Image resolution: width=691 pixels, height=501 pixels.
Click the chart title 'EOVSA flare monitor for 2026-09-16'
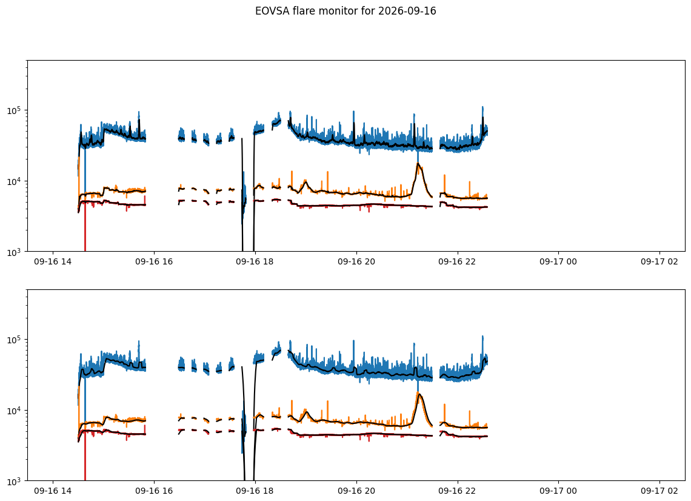[345, 11]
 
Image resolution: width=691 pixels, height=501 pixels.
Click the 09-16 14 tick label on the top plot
[53, 261]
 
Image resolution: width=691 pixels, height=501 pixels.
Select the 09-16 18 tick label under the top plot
[255, 261]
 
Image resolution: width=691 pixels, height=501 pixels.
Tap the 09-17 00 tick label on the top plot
[558, 261]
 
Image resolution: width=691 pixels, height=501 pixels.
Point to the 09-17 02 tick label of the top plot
[659, 261]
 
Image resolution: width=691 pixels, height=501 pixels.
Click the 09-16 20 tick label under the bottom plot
[356, 491]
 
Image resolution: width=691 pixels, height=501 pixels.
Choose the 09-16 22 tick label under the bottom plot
[457, 491]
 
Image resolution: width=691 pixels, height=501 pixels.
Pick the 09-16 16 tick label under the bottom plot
[154, 491]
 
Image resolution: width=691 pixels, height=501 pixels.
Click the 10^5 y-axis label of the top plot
[15, 110]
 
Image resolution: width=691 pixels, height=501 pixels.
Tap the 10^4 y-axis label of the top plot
[15, 181]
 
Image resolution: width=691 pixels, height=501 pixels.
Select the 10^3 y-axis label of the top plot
[15, 252]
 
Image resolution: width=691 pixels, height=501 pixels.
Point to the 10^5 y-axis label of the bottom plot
[15, 340]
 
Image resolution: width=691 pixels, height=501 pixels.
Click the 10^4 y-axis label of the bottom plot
[15, 411]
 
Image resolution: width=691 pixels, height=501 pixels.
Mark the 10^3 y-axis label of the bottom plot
[15, 481]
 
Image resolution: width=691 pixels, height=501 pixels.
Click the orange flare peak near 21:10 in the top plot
[418, 164]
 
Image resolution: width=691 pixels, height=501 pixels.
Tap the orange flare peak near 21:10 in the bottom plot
[419, 394]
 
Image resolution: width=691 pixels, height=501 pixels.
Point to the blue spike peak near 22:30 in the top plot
[482, 107]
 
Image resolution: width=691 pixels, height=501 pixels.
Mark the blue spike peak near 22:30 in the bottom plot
[482, 337]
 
